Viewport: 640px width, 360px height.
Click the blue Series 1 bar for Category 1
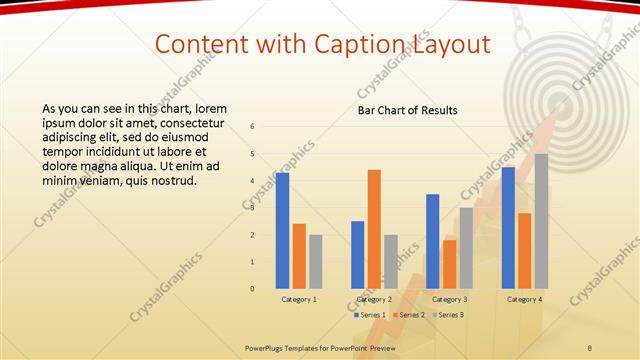[282, 231]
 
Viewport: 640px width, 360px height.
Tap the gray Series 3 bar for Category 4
[541, 221]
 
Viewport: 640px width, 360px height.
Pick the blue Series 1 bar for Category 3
[432, 241]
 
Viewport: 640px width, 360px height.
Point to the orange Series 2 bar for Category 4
[524, 251]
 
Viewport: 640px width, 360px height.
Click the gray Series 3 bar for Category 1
[316, 262]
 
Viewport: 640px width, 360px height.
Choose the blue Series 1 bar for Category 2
[357, 255]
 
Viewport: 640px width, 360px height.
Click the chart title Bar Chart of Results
[408, 110]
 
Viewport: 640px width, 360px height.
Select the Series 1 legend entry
[369, 315]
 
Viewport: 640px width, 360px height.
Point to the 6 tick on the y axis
[252, 127]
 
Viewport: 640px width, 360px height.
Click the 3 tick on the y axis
[252, 208]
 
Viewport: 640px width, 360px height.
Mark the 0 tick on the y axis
[252, 289]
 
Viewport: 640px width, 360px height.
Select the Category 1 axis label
[299, 299]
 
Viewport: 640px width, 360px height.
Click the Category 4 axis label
[524, 299]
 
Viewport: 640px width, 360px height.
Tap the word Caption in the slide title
[354, 44]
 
